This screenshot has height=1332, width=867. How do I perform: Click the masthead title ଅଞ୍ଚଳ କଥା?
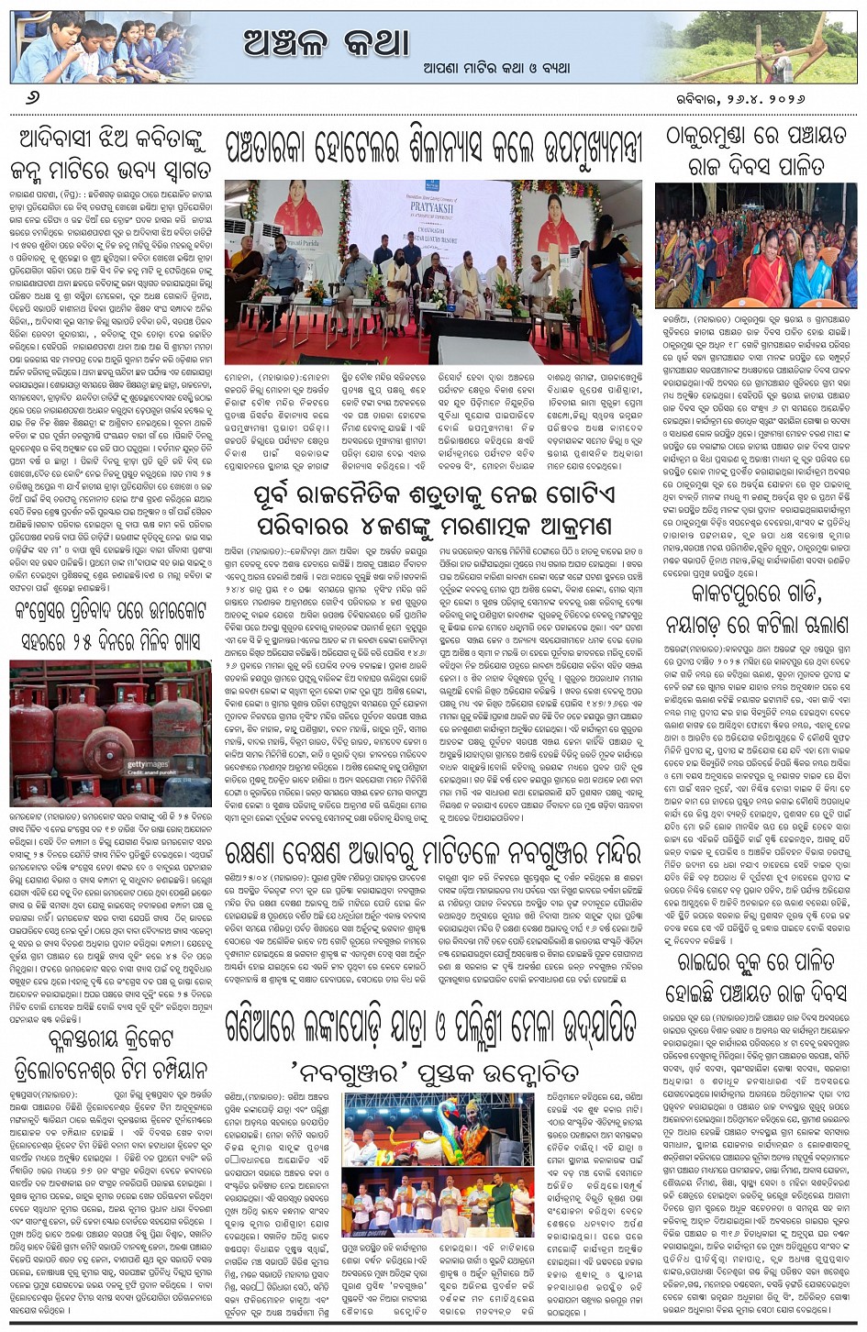pos(326,41)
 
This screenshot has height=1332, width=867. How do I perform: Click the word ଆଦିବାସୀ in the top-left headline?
pos(66,140)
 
